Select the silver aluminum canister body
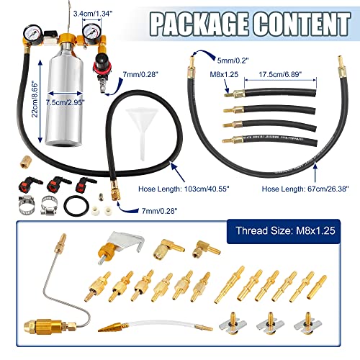(65, 96)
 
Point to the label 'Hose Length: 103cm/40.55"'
(184, 189)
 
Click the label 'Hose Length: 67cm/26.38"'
(305, 189)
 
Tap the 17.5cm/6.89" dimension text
(280, 74)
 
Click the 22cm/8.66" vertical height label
(35, 99)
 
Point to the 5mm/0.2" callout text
(233, 60)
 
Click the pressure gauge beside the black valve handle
(32, 34)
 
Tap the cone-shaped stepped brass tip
(110, 327)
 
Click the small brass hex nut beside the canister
(24, 162)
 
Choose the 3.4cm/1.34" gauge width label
(93, 14)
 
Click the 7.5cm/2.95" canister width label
(66, 102)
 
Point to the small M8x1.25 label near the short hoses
(224, 74)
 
